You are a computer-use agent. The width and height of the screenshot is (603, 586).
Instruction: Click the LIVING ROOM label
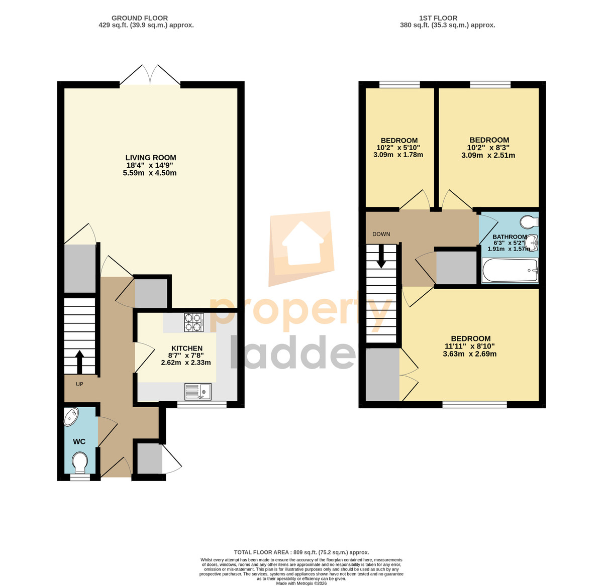point(151,157)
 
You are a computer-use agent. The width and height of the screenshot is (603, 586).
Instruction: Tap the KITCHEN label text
point(187,348)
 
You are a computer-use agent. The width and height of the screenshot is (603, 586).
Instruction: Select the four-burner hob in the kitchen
point(194,322)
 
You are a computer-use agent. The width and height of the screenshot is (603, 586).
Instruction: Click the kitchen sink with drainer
point(197,392)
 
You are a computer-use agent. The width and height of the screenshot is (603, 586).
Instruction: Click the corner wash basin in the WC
point(71,417)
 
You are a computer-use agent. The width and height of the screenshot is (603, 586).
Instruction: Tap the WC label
point(79,442)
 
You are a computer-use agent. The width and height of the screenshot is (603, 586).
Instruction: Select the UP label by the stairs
point(79,384)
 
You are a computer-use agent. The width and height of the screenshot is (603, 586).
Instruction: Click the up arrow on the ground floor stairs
point(79,362)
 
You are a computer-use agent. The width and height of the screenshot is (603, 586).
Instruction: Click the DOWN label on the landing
point(381,234)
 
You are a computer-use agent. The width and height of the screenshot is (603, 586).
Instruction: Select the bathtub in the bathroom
point(510,270)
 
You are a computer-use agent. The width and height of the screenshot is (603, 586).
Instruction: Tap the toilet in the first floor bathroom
point(529,222)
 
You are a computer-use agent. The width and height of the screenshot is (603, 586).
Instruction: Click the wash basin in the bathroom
point(532,242)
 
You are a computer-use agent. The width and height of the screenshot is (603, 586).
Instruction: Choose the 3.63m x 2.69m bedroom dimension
point(469,354)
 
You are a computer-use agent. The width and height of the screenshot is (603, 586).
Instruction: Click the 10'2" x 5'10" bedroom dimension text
point(398,148)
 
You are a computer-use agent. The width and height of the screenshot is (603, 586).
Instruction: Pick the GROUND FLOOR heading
point(140,18)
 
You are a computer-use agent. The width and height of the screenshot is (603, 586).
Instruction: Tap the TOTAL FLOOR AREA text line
point(301,552)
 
